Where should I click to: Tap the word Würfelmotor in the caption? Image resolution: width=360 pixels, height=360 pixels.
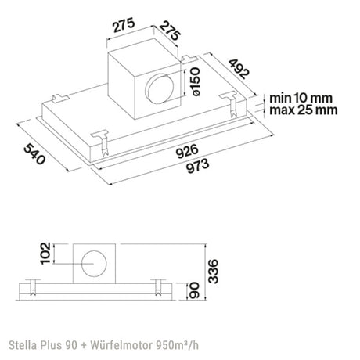[x=122, y=341]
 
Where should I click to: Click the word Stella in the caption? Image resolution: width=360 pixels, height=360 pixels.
[x=23, y=341]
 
